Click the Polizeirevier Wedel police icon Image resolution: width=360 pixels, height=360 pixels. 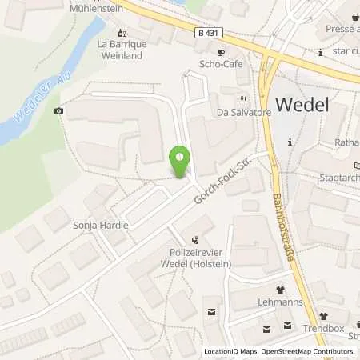tap(195, 238)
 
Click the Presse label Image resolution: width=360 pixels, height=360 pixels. tap(338, 27)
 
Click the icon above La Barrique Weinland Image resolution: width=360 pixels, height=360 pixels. tap(122, 33)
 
